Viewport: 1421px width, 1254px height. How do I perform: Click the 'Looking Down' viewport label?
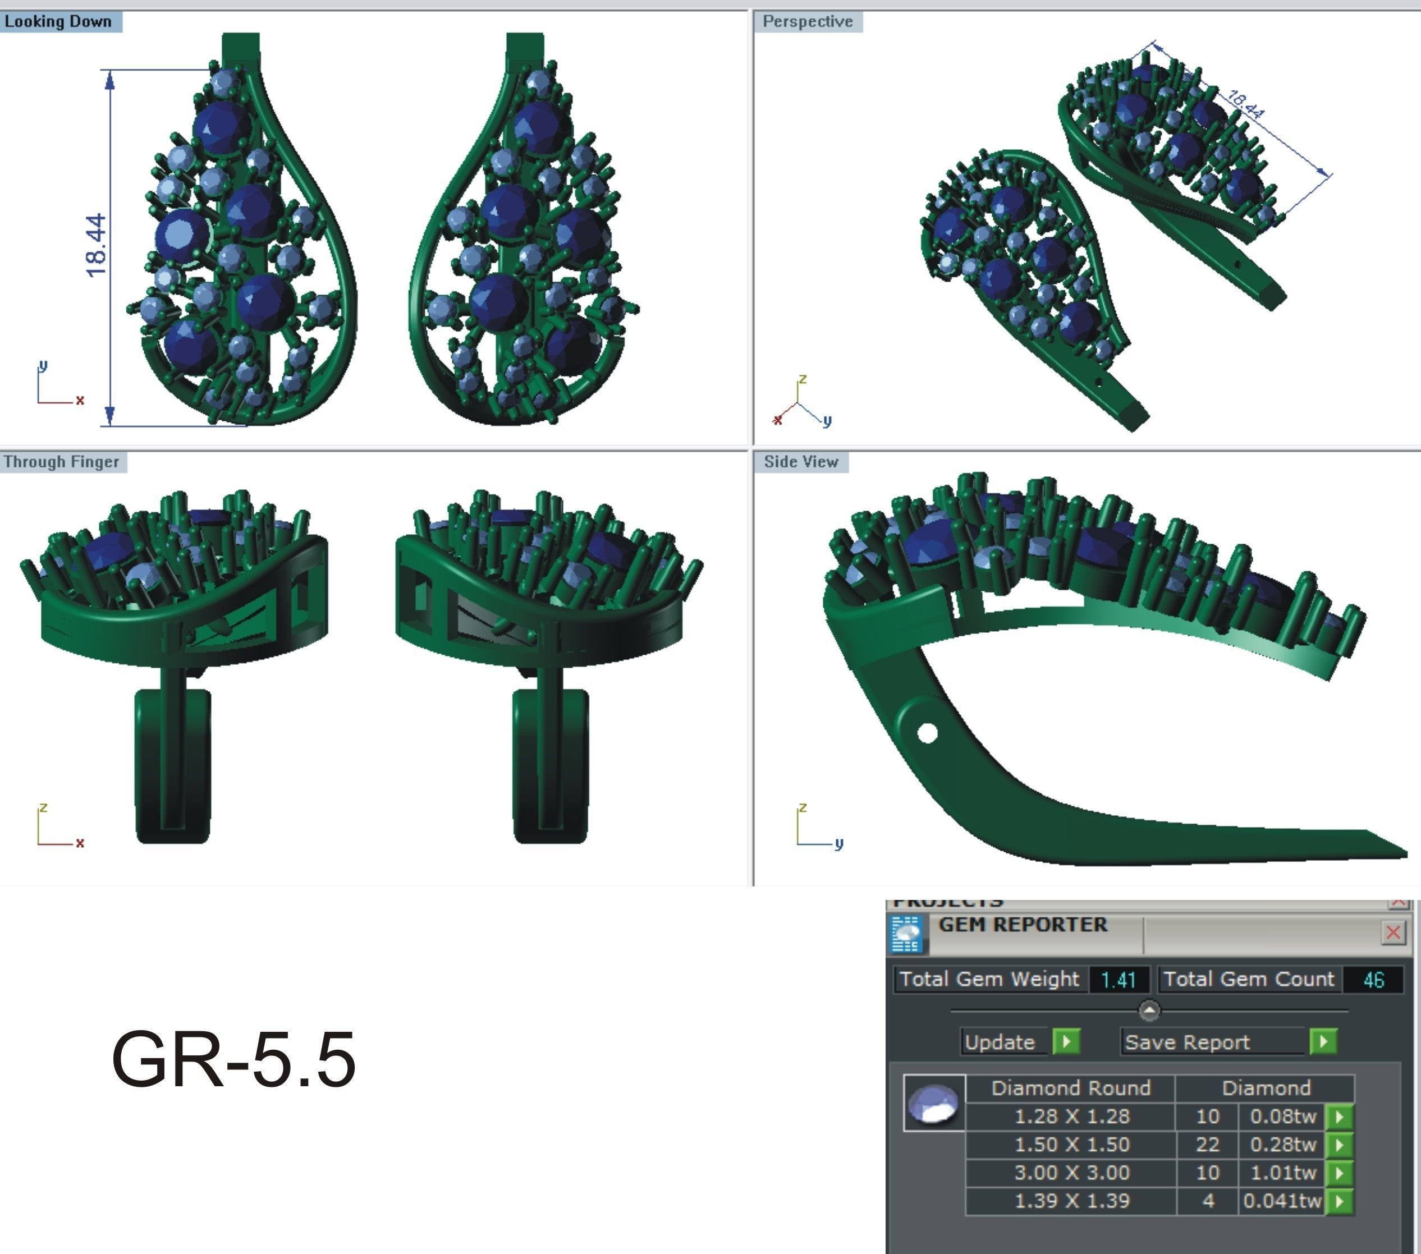tap(58, 21)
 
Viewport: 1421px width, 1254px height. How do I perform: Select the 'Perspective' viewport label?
tap(807, 21)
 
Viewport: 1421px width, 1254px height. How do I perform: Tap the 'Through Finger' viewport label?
tap(61, 462)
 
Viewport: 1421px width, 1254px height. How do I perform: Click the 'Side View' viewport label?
tap(801, 462)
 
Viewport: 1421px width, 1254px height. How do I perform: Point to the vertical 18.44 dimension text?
tap(97, 245)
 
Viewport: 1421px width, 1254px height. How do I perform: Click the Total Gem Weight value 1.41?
tap(1118, 980)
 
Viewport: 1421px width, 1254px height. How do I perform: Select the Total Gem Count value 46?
tap(1373, 980)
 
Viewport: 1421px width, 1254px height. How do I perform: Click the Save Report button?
tap(1187, 1042)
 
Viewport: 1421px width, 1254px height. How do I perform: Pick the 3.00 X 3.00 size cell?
tap(1071, 1173)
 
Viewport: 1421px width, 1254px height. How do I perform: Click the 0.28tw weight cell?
tap(1282, 1144)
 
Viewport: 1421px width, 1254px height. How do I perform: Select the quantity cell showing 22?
tap(1208, 1144)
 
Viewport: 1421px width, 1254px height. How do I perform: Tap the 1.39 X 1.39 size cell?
tap(1071, 1201)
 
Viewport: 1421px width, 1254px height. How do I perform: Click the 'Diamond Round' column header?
tap(1071, 1088)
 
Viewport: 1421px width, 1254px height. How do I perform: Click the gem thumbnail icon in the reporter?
tap(934, 1103)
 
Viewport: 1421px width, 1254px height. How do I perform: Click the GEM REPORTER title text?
tap(1023, 925)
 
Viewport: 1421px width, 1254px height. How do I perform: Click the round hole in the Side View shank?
tap(927, 733)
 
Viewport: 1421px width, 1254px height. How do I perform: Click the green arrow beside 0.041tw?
tap(1340, 1201)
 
